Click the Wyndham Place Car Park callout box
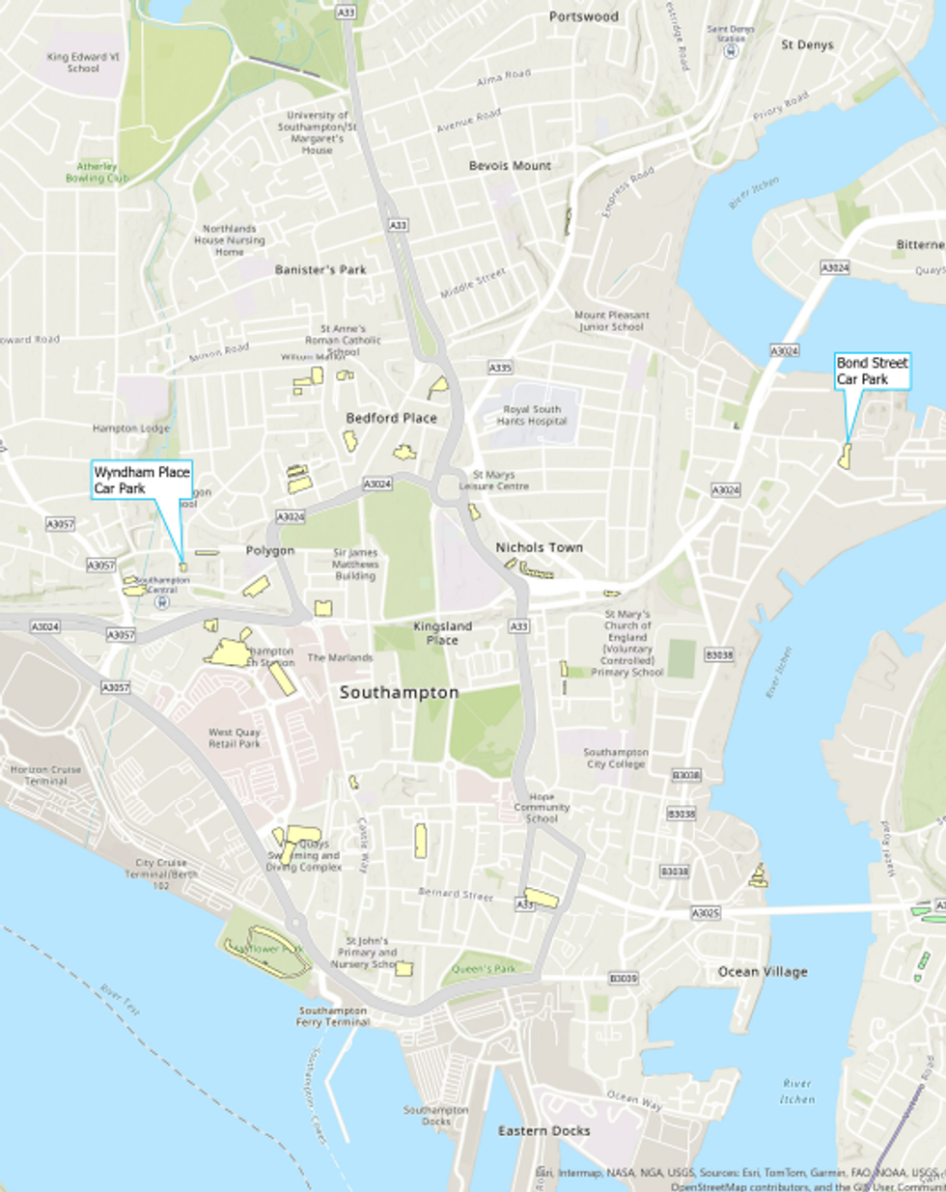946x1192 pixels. pyautogui.click(x=142, y=481)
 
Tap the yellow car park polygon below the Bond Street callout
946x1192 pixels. pyautogui.click(x=845, y=457)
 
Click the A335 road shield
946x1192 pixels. pyautogui.click(x=500, y=368)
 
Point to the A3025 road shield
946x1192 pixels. pyautogui.click(x=706, y=912)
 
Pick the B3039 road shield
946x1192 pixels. pyautogui.click(x=623, y=979)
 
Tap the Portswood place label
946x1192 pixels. pyautogui.click(x=583, y=16)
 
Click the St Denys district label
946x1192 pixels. pyautogui.click(x=807, y=44)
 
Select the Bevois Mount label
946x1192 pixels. pyautogui.click(x=510, y=166)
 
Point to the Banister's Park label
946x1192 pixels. pyautogui.click(x=320, y=270)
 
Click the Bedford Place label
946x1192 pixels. pyautogui.click(x=391, y=418)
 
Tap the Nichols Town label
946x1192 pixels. pyautogui.click(x=539, y=547)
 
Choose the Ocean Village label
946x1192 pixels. pyautogui.click(x=763, y=972)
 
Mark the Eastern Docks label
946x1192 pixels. pyautogui.click(x=543, y=1130)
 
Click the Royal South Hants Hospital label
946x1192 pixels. pyautogui.click(x=532, y=415)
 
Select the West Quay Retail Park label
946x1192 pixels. pyautogui.click(x=235, y=738)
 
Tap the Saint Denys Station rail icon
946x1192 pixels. pyautogui.click(x=731, y=52)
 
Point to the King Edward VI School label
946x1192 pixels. pyautogui.click(x=83, y=63)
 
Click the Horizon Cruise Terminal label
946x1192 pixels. pyautogui.click(x=45, y=775)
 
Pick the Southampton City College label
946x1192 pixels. pyautogui.click(x=615, y=758)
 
